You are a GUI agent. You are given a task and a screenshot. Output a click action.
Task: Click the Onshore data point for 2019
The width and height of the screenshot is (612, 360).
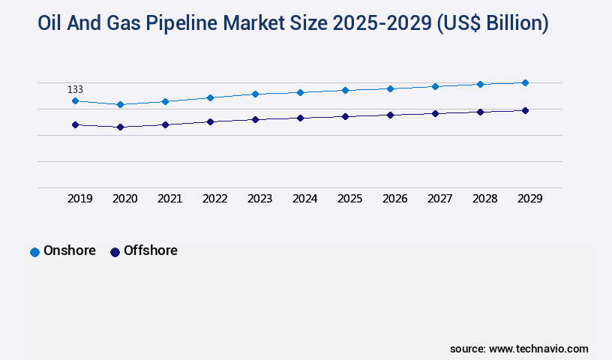coord(75,100)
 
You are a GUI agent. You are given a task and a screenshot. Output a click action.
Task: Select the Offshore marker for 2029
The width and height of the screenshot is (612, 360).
coord(525,110)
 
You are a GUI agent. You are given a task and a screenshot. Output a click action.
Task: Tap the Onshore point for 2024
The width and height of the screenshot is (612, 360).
coord(300,92)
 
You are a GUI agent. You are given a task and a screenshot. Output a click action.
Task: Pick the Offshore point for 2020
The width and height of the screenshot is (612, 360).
coord(120,127)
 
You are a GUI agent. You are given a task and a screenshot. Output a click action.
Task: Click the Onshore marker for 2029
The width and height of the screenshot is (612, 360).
coord(525,82)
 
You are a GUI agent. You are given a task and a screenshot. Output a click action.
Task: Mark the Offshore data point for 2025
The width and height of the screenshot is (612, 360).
coord(345,116)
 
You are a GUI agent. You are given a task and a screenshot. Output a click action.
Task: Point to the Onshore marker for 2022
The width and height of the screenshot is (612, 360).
coord(210,97)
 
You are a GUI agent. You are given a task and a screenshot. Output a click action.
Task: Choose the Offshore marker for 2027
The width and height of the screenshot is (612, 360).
coord(435,113)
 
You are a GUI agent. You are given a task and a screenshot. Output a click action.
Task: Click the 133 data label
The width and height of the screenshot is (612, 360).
coord(75,89)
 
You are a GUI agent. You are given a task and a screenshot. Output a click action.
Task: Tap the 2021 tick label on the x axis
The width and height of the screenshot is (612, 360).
coord(169,199)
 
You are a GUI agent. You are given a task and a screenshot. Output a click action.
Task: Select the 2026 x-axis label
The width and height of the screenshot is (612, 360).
coord(394,199)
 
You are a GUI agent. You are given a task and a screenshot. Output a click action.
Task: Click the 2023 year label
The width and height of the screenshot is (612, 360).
coord(259,199)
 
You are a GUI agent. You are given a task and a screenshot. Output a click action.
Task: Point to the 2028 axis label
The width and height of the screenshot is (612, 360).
coord(484,199)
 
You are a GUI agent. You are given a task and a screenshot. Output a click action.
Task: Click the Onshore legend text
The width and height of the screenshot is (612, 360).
coord(70,250)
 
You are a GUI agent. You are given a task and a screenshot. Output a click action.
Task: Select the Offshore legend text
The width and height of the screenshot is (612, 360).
coord(151,250)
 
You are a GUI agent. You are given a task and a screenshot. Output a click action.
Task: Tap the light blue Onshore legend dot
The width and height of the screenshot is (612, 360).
coord(34,252)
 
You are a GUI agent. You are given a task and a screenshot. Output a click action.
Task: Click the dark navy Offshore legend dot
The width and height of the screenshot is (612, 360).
coord(115,252)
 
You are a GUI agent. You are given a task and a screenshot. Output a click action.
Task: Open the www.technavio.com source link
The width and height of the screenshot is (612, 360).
coord(538,349)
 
